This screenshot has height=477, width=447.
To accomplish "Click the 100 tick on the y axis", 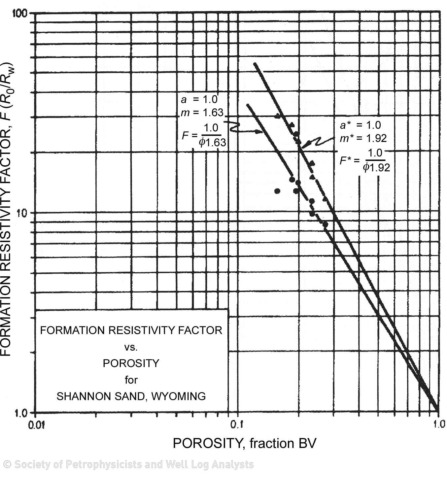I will click(x=21, y=13).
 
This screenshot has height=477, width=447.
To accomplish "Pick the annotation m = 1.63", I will click(x=202, y=113).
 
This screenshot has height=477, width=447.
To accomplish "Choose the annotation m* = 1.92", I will click(x=363, y=138).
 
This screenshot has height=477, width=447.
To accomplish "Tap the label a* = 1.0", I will click(x=361, y=125).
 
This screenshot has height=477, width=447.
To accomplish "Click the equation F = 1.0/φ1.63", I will click(x=204, y=135).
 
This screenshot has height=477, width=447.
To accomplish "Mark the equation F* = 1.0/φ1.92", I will click(x=365, y=160).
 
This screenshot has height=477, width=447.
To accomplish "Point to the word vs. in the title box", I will click(x=131, y=347).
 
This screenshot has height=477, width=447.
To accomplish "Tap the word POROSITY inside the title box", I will click(x=131, y=363).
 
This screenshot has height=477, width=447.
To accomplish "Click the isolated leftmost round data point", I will click(x=277, y=191).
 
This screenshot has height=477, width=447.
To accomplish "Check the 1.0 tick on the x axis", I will click(x=438, y=424).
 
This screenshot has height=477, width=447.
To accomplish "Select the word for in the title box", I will click(x=131, y=380).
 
